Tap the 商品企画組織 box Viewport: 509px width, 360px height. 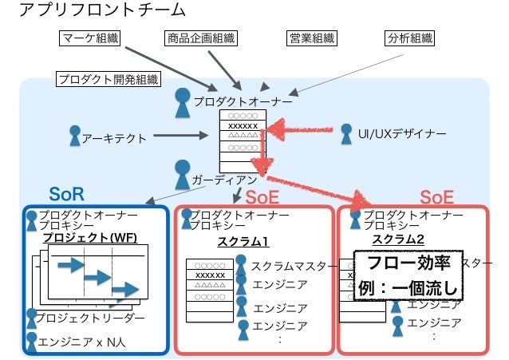[x=202, y=38]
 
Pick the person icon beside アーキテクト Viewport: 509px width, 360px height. [x=76, y=136]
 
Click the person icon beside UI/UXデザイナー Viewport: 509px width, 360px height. [x=347, y=133]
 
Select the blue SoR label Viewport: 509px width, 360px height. [x=67, y=194]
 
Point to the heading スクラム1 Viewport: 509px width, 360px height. [x=243, y=243]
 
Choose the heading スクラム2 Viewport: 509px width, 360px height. [x=398, y=239]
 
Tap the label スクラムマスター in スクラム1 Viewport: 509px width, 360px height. [x=288, y=267]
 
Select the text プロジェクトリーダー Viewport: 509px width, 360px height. [x=90, y=318]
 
